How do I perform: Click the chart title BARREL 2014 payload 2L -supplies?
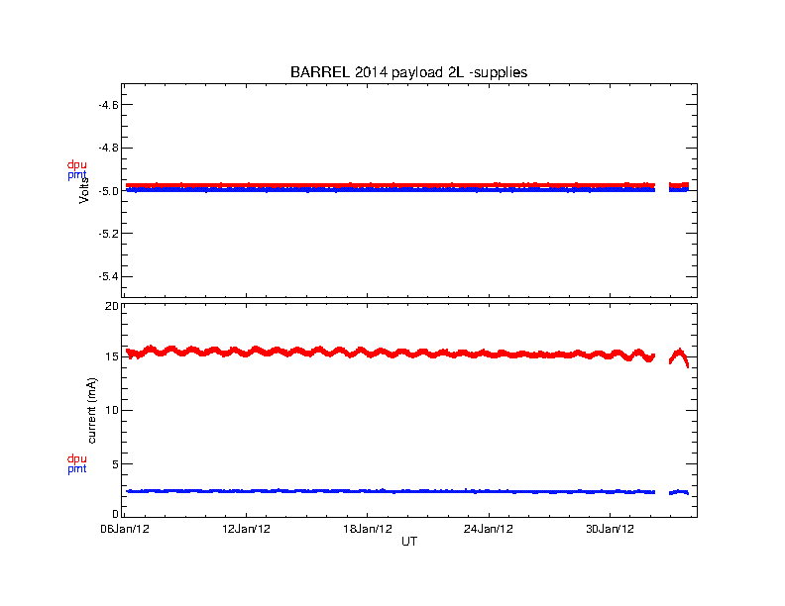click(x=407, y=72)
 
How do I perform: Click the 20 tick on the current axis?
click(x=112, y=307)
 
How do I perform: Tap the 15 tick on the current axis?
click(x=112, y=356)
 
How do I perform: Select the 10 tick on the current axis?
click(x=112, y=410)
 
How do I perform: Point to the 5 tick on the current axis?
click(x=115, y=463)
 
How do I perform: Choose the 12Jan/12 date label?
click(x=246, y=529)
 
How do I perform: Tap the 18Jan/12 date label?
click(x=368, y=529)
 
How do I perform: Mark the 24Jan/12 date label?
click(x=490, y=529)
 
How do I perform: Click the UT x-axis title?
click(x=409, y=542)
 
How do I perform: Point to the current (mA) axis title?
click(x=91, y=410)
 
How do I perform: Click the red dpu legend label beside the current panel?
click(x=76, y=458)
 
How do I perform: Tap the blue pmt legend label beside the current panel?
click(x=76, y=469)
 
